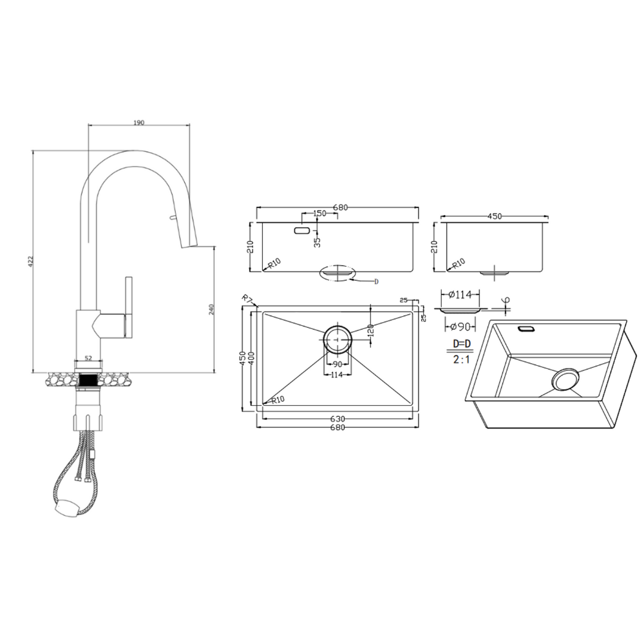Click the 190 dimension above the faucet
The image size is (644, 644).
(x=139, y=122)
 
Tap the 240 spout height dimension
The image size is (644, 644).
(x=211, y=309)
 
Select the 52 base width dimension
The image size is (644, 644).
(x=88, y=357)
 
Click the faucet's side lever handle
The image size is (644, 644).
(x=129, y=307)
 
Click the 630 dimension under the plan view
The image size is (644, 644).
(x=337, y=419)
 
